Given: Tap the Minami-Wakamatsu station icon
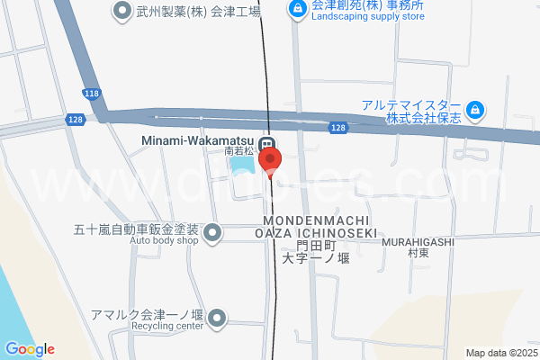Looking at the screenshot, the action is (266, 144).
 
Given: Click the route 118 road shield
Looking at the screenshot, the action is (91, 94).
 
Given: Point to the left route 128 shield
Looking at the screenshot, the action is (76, 119).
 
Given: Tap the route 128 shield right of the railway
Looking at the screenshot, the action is (336, 129).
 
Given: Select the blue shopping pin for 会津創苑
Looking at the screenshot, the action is (296, 10).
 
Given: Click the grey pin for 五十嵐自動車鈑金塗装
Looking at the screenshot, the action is (212, 234).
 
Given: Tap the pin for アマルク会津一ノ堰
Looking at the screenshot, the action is (219, 318).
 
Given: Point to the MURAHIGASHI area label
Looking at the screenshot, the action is (418, 242).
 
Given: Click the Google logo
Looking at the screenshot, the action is (30, 349).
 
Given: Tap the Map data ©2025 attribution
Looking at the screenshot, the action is (501, 353).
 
